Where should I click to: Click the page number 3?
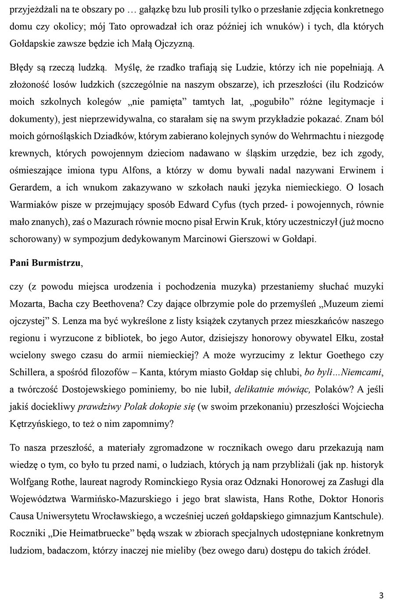381,595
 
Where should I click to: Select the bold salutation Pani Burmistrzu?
45,263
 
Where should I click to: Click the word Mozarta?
28,303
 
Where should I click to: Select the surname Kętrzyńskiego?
37,424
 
